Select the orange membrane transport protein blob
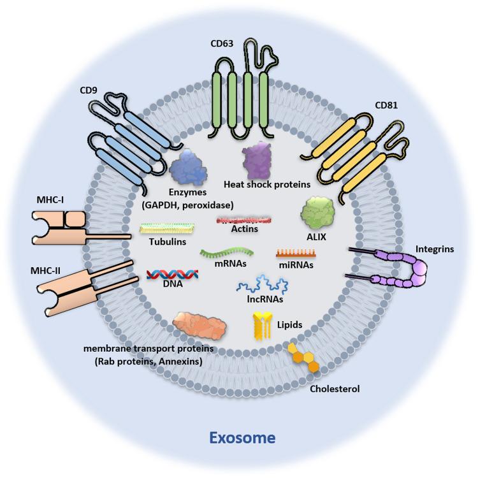pos(198,325)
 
